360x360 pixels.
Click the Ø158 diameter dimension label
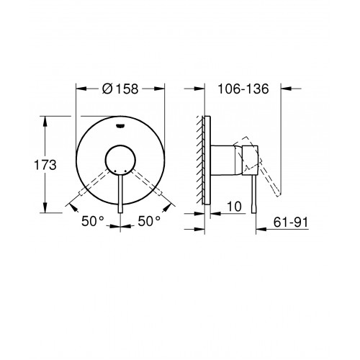(120, 89)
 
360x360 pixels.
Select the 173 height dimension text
(45, 165)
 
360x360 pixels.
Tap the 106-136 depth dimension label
(243, 89)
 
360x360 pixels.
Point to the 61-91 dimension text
(291, 222)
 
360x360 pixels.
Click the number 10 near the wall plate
(234, 207)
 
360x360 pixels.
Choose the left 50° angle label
(93, 221)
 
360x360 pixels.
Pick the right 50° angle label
(149, 221)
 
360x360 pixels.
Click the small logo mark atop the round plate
(120, 125)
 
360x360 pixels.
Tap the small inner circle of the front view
(120, 160)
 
